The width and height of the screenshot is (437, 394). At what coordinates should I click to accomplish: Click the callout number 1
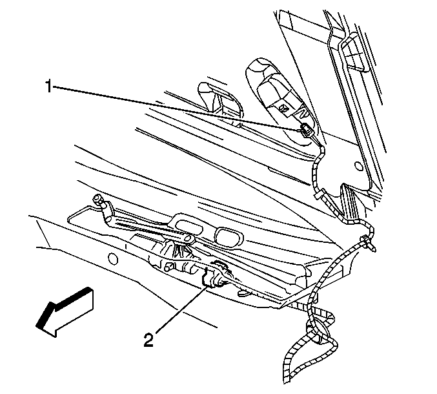48,86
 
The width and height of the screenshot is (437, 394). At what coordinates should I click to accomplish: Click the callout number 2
148,340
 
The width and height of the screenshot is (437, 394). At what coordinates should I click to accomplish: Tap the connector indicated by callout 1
307,130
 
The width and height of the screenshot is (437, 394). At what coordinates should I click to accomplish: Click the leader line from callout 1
176,109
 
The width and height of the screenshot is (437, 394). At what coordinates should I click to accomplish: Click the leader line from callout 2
181,309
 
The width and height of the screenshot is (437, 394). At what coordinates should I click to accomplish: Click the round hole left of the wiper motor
112,259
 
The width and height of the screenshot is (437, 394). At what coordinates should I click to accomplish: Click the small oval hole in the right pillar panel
359,166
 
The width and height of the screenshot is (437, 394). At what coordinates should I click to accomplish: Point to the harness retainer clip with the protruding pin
369,243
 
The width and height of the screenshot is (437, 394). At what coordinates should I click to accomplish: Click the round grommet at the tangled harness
316,333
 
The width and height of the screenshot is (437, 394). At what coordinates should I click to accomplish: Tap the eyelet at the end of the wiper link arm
188,239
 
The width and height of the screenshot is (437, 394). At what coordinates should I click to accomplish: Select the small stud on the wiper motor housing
168,267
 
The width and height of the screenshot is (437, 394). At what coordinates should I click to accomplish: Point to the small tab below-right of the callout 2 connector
243,293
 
